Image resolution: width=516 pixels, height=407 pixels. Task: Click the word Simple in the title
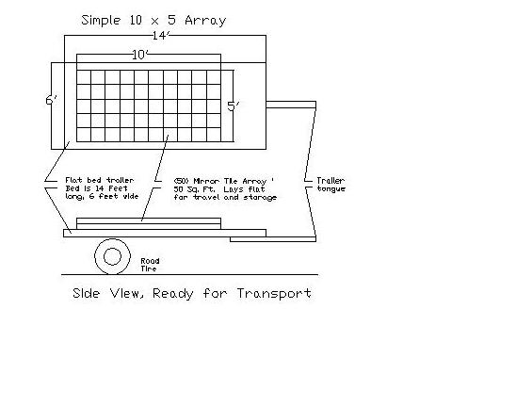pyautogui.click(x=101, y=21)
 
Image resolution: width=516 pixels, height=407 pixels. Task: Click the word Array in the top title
pyautogui.click(x=205, y=21)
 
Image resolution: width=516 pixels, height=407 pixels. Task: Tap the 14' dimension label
pyautogui.click(x=161, y=35)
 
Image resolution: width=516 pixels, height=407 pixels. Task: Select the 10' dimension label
pyautogui.click(x=140, y=55)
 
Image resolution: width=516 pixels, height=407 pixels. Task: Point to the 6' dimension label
pyautogui.click(x=52, y=100)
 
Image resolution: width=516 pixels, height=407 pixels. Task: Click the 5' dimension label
pyautogui.click(x=234, y=106)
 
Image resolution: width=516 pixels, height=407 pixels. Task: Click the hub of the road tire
pyautogui.click(x=113, y=256)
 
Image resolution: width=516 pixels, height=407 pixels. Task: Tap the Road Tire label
pyautogui.click(x=150, y=265)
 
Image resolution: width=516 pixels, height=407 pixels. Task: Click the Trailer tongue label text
pyautogui.click(x=331, y=185)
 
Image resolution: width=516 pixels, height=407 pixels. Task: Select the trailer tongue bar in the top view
pyautogui.click(x=291, y=105)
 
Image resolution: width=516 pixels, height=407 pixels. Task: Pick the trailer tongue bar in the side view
pyautogui.click(x=273, y=239)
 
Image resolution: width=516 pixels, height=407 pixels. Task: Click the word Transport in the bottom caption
pyautogui.click(x=274, y=293)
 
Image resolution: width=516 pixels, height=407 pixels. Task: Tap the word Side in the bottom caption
pyautogui.click(x=87, y=293)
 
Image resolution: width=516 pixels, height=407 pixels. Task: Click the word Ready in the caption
pyautogui.click(x=173, y=294)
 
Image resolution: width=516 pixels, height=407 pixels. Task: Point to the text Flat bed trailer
pyautogui.click(x=100, y=181)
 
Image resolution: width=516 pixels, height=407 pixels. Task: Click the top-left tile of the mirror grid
pyautogui.click(x=84, y=77)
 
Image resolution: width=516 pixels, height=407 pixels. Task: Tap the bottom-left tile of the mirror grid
pyautogui.click(x=84, y=135)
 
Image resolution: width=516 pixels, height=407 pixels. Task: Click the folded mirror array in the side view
pyautogui.click(x=149, y=223)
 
